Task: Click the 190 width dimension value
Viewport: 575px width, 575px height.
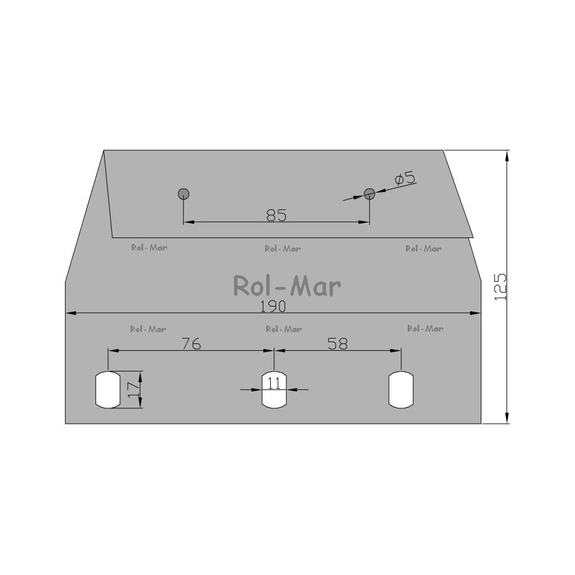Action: (x=273, y=306)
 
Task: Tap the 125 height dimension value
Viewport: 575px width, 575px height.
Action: (x=500, y=287)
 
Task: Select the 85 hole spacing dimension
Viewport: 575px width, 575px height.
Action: (x=276, y=215)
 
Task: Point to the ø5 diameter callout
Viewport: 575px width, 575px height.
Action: (x=405, y=179)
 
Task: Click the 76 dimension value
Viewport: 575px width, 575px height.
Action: (x=191, y=344)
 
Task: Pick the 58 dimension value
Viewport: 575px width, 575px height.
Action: (x=338, y=344)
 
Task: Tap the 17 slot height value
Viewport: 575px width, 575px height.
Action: (x=133, y=389)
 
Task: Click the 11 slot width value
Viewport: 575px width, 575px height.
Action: (x=274, y=383)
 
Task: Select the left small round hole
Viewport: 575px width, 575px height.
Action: (x=183, y=194)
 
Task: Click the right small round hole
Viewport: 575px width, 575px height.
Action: (x=369, y=194)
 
